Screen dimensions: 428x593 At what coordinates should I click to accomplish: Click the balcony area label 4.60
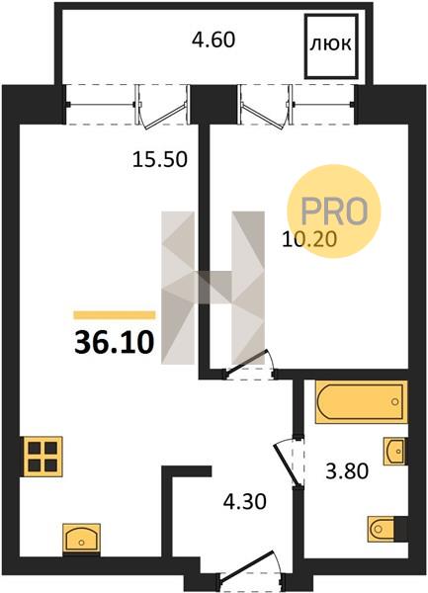(x=214, y=40)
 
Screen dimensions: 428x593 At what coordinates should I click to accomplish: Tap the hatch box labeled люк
(x=331, y=46)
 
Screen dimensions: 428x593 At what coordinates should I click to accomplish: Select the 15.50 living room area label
(x=160, y=159)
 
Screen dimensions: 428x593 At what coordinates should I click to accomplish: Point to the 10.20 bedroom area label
(x=309, y=239)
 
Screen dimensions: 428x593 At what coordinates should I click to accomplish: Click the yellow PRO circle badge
(x=334, y=212)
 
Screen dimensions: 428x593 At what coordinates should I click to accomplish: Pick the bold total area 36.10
(x=115, y=342)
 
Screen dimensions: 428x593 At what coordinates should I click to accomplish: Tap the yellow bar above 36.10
(x=115, y=314)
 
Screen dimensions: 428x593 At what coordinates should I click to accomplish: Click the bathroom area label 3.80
(x=347, y=471)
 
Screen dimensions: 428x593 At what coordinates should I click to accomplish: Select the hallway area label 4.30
(x=245, y=502)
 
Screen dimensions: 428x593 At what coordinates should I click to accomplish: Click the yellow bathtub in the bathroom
(x=362, y=401)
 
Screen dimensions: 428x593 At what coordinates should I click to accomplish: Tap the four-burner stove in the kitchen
(x=43, y=457)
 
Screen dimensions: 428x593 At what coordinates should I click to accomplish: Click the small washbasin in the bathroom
(x=394, y=452)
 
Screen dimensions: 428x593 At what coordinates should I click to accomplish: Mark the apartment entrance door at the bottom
(x=250, y=569)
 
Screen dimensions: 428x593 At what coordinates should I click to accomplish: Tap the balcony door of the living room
(x=162, y=109)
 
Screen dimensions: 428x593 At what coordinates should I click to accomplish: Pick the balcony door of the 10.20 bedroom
(x=266, y=108)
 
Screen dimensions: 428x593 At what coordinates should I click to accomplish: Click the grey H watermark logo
(x=213, y=288)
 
